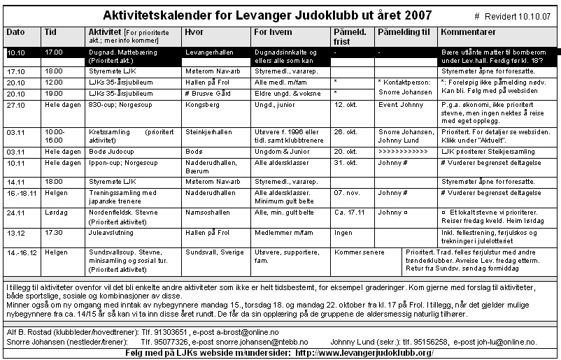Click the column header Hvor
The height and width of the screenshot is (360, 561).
coord(194,32)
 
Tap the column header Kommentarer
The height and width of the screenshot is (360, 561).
coord(469,32)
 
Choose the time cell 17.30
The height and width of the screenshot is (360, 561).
coord(52,231)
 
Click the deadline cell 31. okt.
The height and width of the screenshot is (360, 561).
coord(346,161)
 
